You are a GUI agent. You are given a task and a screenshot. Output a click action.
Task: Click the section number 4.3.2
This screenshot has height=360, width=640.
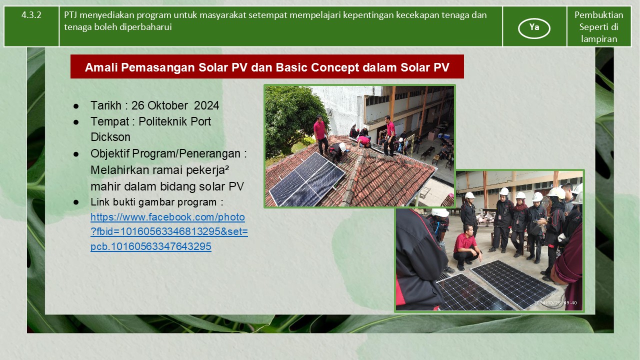click(31, 15)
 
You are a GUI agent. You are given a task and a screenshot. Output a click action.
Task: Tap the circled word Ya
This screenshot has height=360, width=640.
click(534, 27)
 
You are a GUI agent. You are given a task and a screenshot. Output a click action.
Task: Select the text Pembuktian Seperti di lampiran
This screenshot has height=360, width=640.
click(599, 27)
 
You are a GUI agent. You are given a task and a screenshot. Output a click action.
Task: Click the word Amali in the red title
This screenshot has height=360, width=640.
click(101, 67)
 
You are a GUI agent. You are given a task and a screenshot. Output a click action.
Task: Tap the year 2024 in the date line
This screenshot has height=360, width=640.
click(206, 105)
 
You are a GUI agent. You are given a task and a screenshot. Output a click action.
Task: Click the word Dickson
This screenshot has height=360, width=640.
click(110, 137)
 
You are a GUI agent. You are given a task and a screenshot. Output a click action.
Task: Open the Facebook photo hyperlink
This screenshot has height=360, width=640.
click(169, 231)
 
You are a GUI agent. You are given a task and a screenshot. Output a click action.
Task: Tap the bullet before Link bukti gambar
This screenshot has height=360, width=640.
click(76, 202)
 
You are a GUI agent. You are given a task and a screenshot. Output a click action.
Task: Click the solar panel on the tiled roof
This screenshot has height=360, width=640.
click(307, 179)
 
